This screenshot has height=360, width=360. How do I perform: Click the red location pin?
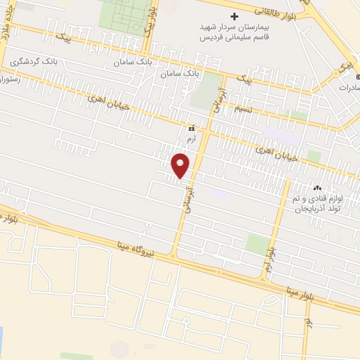pyautogui.click(x=181, y=165)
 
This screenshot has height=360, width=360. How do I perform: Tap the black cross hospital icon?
pyautogui.click(x=235, y=16)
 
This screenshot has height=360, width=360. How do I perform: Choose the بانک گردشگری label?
pyautogui.click(x=34, y=62)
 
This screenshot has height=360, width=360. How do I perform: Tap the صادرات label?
pyautogui.click(x=347, y=88)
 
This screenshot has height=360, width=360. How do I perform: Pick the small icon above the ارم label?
pyautogui.click(x=191, y=128)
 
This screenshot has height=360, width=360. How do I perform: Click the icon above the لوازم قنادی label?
pyautogui.click(x=317, y=188)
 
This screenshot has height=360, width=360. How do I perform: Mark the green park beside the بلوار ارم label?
pyautogui.click(x=257, y=245)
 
